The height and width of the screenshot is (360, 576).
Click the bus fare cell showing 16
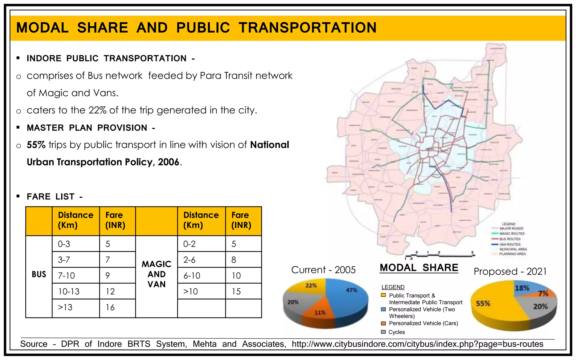click(110, 307)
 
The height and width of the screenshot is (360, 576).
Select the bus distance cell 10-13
click(69, 292)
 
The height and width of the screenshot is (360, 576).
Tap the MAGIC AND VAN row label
click(156, 274)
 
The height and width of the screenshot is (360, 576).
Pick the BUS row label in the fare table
click(39, 274)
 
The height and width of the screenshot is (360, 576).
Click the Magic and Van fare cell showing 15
click(236, 292)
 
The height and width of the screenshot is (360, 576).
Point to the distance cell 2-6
click(189, 260)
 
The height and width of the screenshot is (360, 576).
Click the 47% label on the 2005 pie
click(352, 290)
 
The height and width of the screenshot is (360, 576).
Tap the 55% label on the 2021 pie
click(483, 303)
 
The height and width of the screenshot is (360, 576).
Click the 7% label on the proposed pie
click(543, 294)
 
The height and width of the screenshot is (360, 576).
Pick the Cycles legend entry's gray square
click(383, 332)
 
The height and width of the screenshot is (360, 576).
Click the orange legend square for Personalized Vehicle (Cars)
click(383, 323)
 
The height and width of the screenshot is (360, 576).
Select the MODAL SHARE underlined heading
click(419, 268)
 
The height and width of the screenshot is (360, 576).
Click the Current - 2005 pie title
click(323, 270)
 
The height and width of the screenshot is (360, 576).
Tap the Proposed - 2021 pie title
click(510, 271)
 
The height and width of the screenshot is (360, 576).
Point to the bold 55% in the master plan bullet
click(36, 145)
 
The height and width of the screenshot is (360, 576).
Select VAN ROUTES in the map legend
click(510, 244)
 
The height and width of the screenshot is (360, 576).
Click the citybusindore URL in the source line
click(417, 344)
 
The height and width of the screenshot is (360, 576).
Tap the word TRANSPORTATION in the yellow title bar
click(307, 28)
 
